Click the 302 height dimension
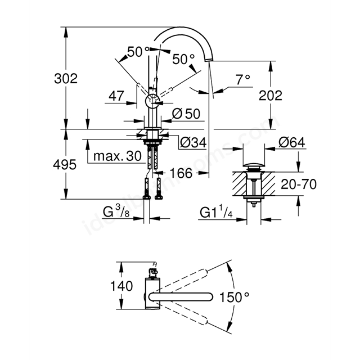(66, 79)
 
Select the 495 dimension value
(65, 165)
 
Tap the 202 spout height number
(271, 96)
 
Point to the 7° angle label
(243, 80)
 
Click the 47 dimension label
(116, 96)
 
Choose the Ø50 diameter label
(186, 114)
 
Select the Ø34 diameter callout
(193, 142)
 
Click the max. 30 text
(118, 156)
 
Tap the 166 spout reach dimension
(181, 173)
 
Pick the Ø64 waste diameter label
(291, 142)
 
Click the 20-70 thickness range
(299, 184)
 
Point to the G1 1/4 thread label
(216, 213)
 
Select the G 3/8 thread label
(116, 211)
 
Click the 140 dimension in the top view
(121, 286)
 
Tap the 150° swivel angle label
(235, 297)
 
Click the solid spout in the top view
(181, 296)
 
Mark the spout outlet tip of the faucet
(208, 60)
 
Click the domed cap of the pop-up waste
(254, 165)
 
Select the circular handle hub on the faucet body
(152, 101)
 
